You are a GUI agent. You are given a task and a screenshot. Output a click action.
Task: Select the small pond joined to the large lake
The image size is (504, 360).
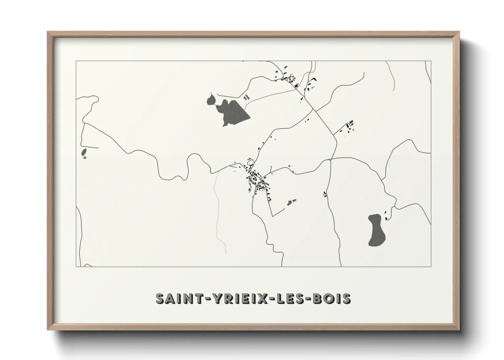(x=211, y=100)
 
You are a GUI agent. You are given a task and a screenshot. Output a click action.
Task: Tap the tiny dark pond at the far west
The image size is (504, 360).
(x=84, y=154)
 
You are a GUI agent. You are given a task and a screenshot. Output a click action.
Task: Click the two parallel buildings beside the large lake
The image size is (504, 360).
(x=247, y=97)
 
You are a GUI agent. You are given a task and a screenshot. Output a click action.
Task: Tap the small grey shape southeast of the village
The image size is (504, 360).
(x=291, y=202)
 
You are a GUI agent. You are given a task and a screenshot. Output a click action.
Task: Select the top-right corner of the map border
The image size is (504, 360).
(x=431, y=61)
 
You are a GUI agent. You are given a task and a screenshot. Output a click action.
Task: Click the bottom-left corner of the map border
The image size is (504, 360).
(x=76, y=267)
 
